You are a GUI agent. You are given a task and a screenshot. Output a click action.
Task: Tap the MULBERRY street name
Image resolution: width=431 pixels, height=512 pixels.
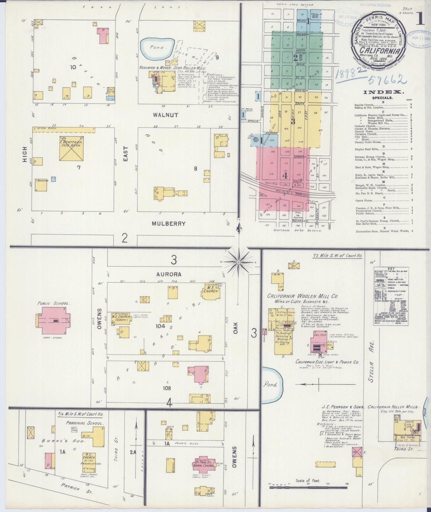[x=169, y=223]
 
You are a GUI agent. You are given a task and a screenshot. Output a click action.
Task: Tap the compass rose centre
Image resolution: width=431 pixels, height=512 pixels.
[x=239, y=262]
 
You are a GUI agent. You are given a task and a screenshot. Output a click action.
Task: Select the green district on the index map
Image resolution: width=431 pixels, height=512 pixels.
[x=296, y=60]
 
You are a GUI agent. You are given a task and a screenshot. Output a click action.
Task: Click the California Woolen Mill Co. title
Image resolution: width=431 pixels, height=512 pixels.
[x=302, y=296]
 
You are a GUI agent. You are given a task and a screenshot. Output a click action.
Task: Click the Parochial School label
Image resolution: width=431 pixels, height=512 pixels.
[x=85, y=423]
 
